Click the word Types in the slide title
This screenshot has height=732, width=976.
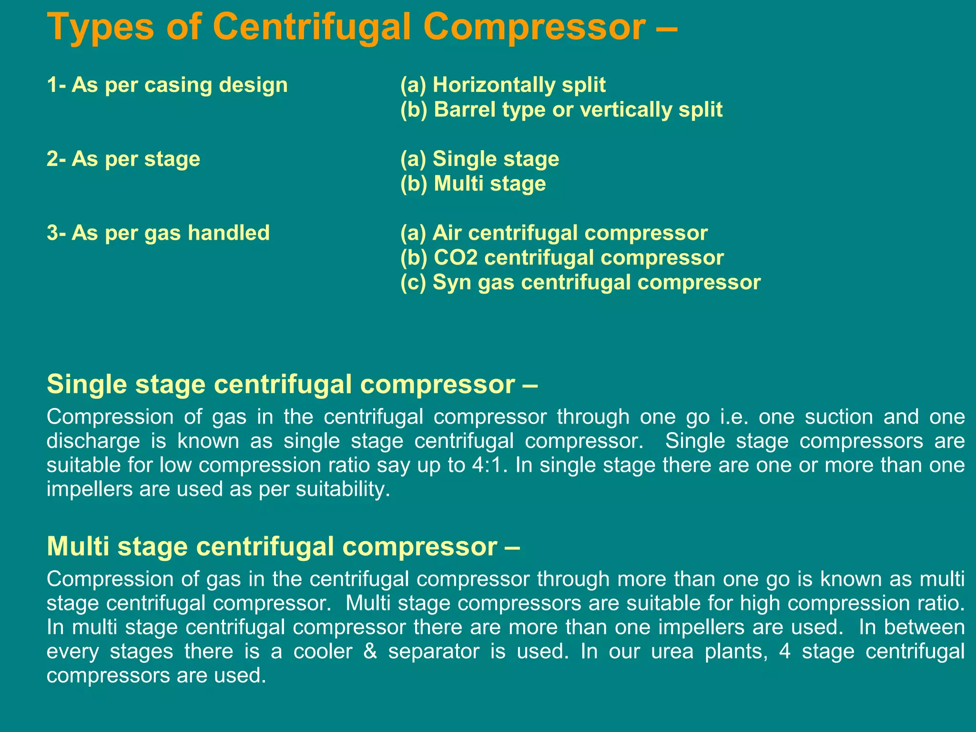pos(101,27)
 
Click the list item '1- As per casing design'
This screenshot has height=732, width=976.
pos(167,85)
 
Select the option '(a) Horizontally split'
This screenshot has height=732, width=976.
pos(503,85)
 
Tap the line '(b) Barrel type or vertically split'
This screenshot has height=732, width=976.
pos(561,110)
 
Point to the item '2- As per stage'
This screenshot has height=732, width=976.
pos(123,159)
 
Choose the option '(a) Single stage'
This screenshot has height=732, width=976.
pos(479,159)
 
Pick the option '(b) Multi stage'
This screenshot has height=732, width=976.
pos(473,184)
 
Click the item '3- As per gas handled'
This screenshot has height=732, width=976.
pos(158,233)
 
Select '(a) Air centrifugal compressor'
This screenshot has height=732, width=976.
pos(554,233)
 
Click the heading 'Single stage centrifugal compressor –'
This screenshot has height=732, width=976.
pos(292,384)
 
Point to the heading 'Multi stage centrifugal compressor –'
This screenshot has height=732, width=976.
pos(283,546)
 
